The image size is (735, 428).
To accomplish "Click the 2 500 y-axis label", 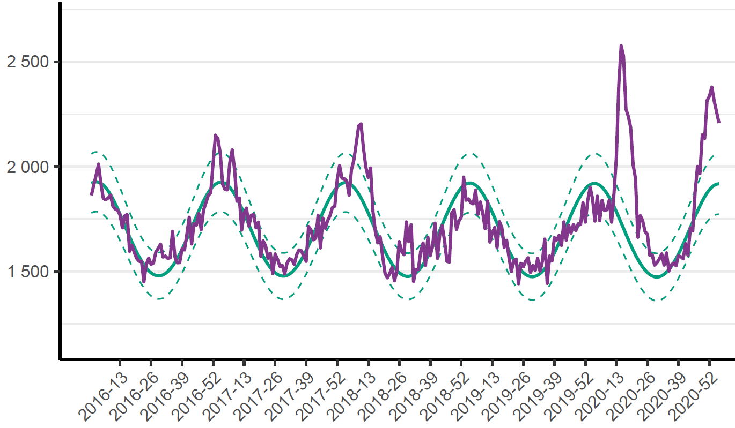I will click(x=28, y=62).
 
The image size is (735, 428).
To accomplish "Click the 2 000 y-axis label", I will click(x=28, y=167).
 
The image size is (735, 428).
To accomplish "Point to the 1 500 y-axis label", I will click(x=28, y=272).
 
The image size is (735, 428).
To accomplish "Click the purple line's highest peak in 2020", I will click(x=621, y=46).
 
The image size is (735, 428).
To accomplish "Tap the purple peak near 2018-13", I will click(x=361, y=124).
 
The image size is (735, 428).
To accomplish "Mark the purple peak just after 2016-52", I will click(x=215, y=135).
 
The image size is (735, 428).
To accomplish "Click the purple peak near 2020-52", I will click(x=712, y=87).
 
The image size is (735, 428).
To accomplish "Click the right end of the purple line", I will click(x=719, y=123).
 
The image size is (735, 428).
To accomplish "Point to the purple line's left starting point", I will click(x=91, y=194).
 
